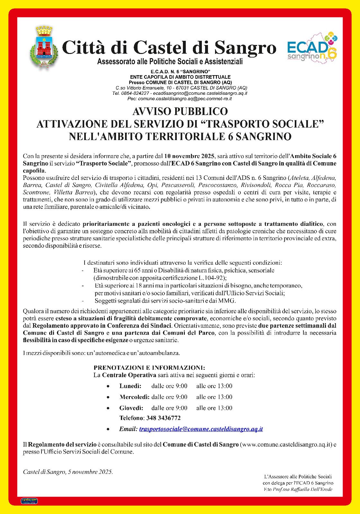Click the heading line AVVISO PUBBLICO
point(180,111)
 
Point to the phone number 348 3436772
point(163,418)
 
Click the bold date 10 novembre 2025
point(190,156)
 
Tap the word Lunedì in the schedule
point(130,386)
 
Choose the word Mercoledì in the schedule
point(134,397)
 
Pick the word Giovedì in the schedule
point(131,408)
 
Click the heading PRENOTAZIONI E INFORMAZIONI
point(149,368)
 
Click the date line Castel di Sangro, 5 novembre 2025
point(68,472)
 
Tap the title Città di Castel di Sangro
point(169,48)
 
